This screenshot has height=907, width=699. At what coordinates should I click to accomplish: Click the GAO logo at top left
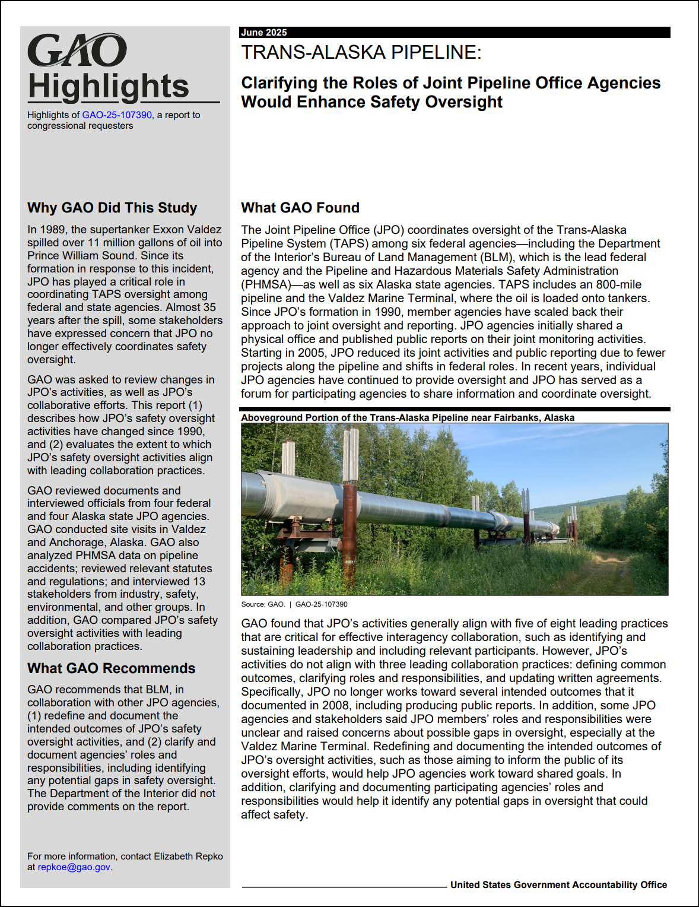pos(77,50)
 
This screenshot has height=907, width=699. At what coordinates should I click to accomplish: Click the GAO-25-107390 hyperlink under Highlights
pos(117,115)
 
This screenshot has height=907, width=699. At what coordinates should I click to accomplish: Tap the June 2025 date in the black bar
pos(264,33)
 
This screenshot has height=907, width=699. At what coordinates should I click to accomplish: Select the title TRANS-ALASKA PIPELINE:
pos(361,53)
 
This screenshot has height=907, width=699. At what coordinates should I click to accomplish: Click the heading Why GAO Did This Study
pos(112,208)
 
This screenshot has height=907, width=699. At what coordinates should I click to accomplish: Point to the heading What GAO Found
pos(300,208)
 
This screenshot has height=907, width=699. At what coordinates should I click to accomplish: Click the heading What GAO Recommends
pos(111,668)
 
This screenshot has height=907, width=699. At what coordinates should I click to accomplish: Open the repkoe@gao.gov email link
pos(74,867)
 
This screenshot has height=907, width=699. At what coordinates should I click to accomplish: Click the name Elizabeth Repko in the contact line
pos(188,857)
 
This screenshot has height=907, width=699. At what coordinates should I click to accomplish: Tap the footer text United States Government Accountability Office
pos(558,885)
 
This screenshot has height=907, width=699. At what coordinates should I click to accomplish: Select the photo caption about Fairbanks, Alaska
pos(408,418)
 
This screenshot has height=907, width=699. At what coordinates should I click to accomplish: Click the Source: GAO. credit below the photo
pos(263,604)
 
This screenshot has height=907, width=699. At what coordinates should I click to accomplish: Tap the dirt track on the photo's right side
pos(611,570)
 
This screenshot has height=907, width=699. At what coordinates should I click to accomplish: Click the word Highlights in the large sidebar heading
pos(108,87)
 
